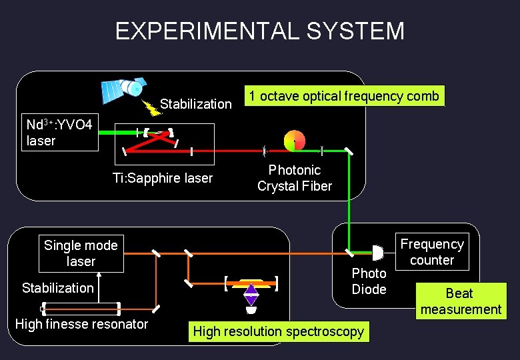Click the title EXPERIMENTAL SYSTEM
pyautogui.click(x=259, y=31)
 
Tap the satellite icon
pyautogui.click(x=123, y=87)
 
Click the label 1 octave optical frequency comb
pyautogui.click(x=344, y=96)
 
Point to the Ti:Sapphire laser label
pyautogui.click(x=162, y=178)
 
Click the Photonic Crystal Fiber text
pyautogui.click(x=294, y=178)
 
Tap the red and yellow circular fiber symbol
pyautogui.click(x=294, y=140)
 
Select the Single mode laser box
pyautogui.click(x=80, y=253)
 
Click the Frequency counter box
pyautogui.click(x=431, y=252)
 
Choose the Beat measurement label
pyautogui.click(x=460, y=301)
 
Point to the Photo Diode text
pyautogui.click(x=369, y=281)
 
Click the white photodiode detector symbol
pyautogui.click(x=377, y=253)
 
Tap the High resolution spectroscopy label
pyautogui.click(x=278, y=331)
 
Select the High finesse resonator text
pyautogui.click(x=81, y=325)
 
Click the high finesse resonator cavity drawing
pyautogui.click(x=81, y=308)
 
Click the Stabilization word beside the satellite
pyautogui.click(x=195, y=104)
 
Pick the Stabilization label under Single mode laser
pyautogui.click(x=58, y=288)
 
